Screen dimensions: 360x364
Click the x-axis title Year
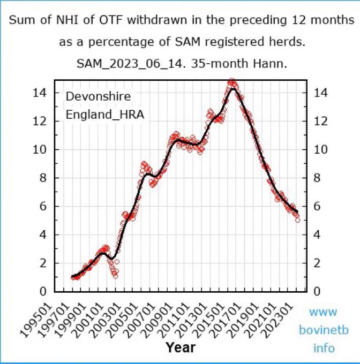[181, 347]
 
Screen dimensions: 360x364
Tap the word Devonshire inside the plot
[98, 96]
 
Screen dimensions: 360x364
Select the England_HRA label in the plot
[105, 115]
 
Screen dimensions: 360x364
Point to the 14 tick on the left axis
[40, 93]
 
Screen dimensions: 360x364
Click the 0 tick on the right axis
[317, 291]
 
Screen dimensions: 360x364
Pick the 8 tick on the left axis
[43, 178]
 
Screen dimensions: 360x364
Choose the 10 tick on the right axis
[321, 150]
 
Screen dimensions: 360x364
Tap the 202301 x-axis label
[277, 320]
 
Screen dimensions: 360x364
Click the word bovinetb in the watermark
[324, 330]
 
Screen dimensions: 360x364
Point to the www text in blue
[323, 312]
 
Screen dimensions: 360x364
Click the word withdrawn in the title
[157, 20]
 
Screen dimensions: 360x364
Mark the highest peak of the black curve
[233, 89]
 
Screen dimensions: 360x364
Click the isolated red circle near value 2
[117, 262]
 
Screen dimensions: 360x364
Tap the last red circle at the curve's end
[297, 220]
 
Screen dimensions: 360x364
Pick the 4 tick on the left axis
[43, 234]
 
